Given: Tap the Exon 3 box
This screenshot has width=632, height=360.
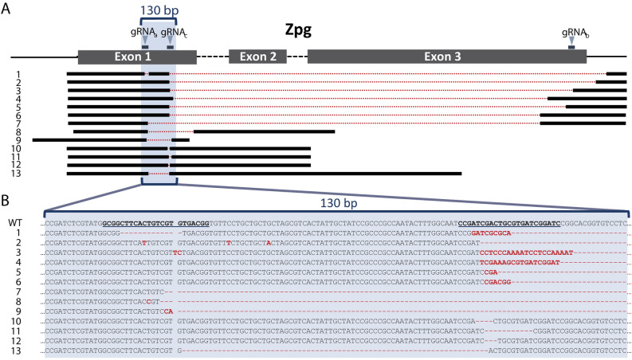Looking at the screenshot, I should [x=446, y=57].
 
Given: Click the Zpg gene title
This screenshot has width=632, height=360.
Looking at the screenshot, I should [x=298, y=29].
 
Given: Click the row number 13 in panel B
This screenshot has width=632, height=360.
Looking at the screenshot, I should [x=16, y=350].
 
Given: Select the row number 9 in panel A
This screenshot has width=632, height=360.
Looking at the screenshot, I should [x=16, y=139].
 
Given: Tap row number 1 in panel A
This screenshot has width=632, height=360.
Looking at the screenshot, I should [x=16, y=74].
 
